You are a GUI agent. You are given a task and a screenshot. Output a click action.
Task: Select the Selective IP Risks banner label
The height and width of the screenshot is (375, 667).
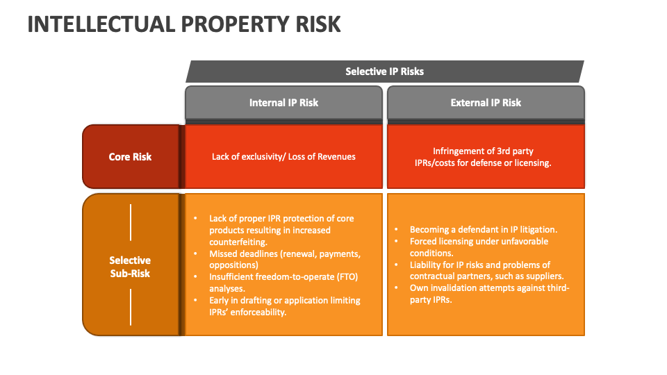pos(384,71)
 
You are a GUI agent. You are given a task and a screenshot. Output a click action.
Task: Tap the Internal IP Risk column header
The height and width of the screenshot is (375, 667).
pos(283,102)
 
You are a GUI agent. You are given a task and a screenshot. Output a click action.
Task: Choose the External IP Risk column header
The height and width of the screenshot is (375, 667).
pos(486,102)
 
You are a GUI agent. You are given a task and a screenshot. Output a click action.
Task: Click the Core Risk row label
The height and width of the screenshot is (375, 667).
pos(130,156)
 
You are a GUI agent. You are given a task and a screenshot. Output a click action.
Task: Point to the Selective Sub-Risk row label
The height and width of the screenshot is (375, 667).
pos(130,267)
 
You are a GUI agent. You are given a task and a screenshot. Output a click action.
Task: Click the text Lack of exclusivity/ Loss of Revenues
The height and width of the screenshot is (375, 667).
pos(283,156)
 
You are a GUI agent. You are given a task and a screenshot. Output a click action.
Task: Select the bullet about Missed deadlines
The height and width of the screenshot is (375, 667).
pos(285,259)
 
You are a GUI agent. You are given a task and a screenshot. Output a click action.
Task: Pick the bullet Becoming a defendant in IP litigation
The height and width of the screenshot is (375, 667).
pos(484,229)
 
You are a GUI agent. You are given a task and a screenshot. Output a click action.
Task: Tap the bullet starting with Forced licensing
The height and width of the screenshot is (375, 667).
pos(479,247)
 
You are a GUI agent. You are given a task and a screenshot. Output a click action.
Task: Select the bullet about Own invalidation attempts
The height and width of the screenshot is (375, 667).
pos(489,294)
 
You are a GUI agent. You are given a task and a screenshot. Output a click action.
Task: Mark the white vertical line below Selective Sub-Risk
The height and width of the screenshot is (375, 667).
pos(130,306)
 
